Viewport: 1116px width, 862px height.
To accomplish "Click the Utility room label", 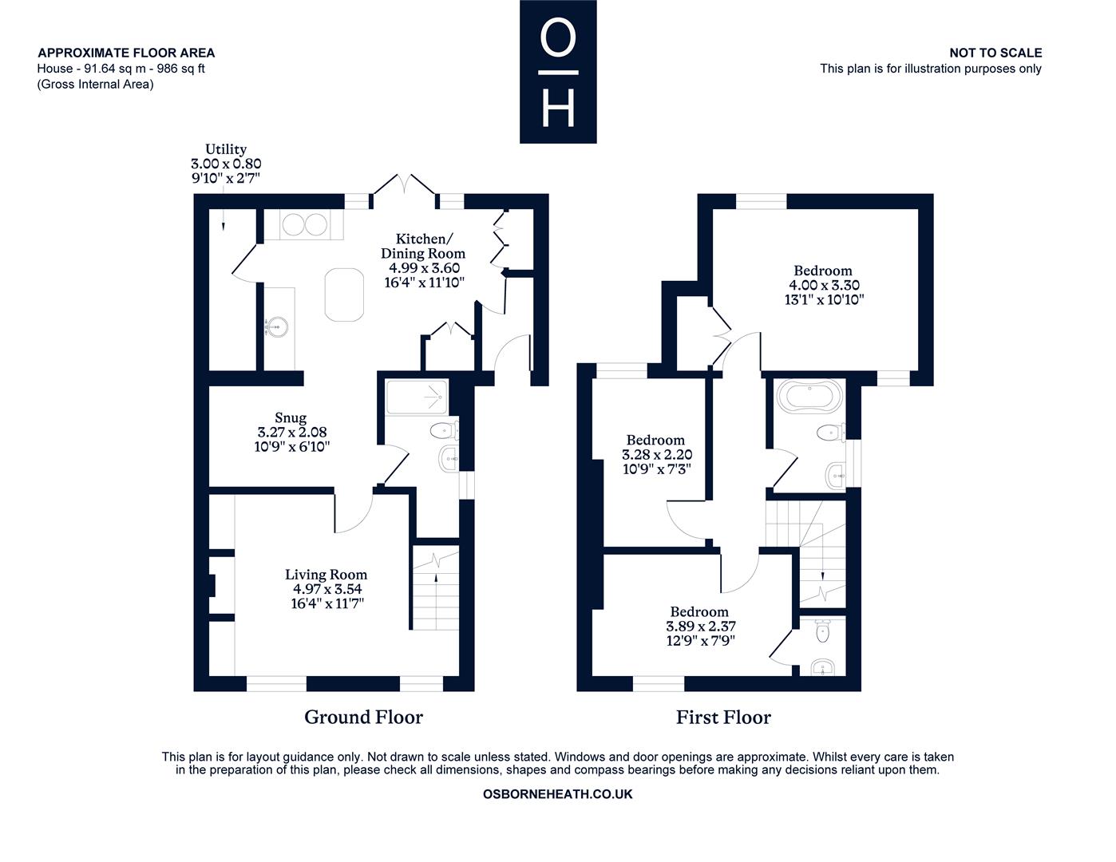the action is click(x=226, y=149).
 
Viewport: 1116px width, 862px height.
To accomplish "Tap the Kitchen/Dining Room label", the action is click(x=423, y=246).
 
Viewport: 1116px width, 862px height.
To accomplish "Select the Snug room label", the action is click(x=291, y=417).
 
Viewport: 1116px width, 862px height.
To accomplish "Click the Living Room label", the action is click(x=326, y=574).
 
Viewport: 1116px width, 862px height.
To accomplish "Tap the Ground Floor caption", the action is click(x=363, y=717).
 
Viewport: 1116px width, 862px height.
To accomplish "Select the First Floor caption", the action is click(x=723, y=718).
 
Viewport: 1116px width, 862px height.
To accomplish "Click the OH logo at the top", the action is click(x=558, y=72).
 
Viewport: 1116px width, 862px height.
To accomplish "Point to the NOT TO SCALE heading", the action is click(x=995, y=53).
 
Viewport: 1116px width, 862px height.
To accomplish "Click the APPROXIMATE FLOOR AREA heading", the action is click(x=126, y=53).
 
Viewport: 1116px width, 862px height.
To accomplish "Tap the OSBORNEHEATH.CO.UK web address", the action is click(x=558, y=794).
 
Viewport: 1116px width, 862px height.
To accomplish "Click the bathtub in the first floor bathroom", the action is click(x=810, y=396).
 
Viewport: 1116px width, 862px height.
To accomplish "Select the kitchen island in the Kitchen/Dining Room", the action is click(x=344, y=295).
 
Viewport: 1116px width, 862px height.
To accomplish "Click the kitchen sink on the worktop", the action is click(x=276, y=326).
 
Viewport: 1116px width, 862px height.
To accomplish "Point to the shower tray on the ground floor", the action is click(x=417, y=397).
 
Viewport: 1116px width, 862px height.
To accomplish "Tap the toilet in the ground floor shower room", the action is click(x=444, y=430).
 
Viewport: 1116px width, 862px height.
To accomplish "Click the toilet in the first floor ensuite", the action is click(x=823, y=631).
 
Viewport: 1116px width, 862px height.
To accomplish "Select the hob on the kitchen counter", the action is click(x=304, y=224).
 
